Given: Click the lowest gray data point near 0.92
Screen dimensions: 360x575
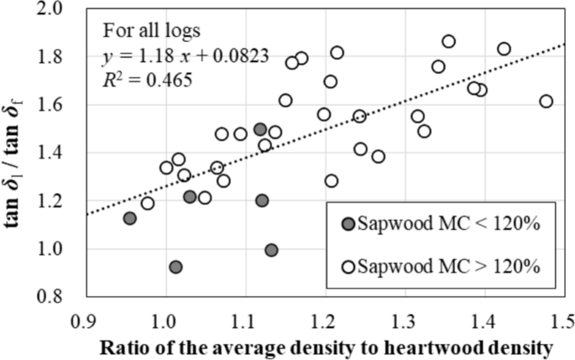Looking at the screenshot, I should (x=175, y=267).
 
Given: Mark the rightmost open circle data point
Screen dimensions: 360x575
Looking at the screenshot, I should (x=546, y=101).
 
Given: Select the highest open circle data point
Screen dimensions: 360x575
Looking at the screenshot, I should (x=448, y=41).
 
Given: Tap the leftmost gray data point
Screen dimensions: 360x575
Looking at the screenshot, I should (x=129, y=218).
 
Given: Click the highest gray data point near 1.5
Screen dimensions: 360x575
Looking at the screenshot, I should (x=260, y=129).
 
